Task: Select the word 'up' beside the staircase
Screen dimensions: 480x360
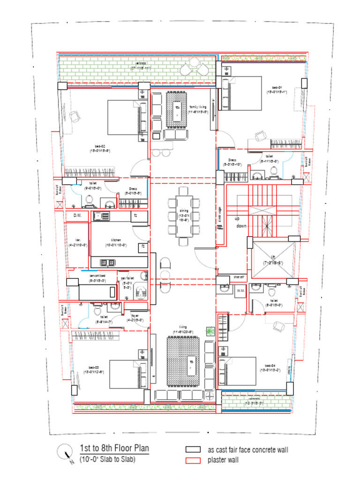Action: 237,218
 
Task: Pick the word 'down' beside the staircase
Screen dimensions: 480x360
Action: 241,226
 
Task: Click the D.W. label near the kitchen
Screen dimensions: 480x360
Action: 77,216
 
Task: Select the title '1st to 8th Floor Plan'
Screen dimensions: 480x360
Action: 114,448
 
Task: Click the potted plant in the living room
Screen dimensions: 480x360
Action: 209,331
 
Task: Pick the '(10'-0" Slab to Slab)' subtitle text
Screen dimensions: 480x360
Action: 107,459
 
